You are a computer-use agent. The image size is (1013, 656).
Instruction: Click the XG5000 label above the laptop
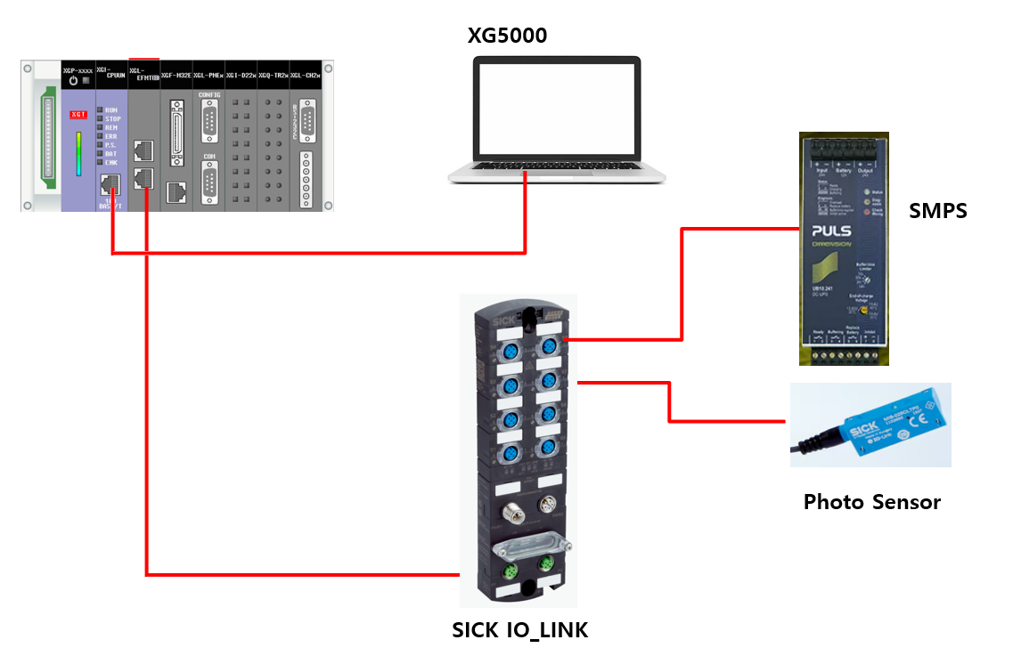[508, 36]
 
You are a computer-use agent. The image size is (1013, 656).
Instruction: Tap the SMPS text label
[937, 211]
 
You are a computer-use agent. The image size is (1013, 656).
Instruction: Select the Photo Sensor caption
[871, 502]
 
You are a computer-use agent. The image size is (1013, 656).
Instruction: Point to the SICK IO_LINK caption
[520, 631]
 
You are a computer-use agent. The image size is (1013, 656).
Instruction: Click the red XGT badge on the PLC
[78, 115]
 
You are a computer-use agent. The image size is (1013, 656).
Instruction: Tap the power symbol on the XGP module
[73, 81]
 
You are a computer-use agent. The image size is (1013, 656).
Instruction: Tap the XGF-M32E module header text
[176, 76]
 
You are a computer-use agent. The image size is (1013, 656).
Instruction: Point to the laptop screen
[556, 110]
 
